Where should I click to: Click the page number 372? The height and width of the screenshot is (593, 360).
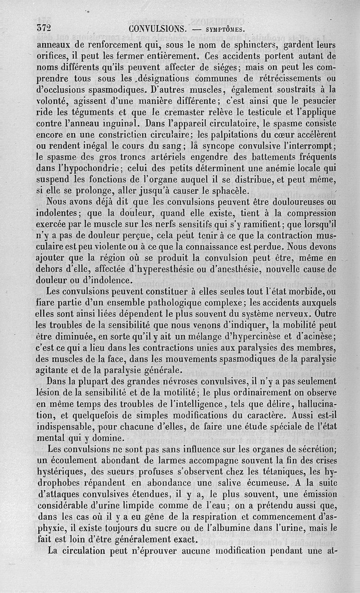(45, 28)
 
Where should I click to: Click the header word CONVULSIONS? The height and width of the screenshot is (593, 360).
(157, 29)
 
